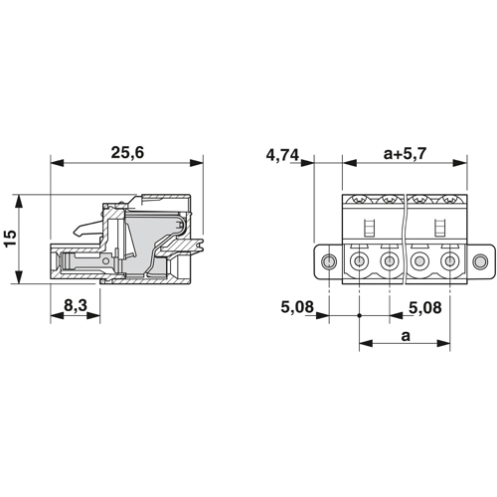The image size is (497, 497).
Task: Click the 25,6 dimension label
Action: point(127,153)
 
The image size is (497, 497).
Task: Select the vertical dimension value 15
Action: point(10,238)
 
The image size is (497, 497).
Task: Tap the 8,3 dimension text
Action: point(76,305)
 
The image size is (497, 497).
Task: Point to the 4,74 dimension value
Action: point(282,155)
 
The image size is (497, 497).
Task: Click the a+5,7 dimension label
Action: point(405,154)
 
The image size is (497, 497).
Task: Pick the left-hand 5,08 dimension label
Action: point(297,307)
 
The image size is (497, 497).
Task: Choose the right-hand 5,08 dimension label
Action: point(425,308)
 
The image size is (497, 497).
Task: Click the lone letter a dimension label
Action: point(406,336)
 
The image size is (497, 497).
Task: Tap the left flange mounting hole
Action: point(329,261)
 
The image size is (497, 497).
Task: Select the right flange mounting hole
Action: point(480,261)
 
